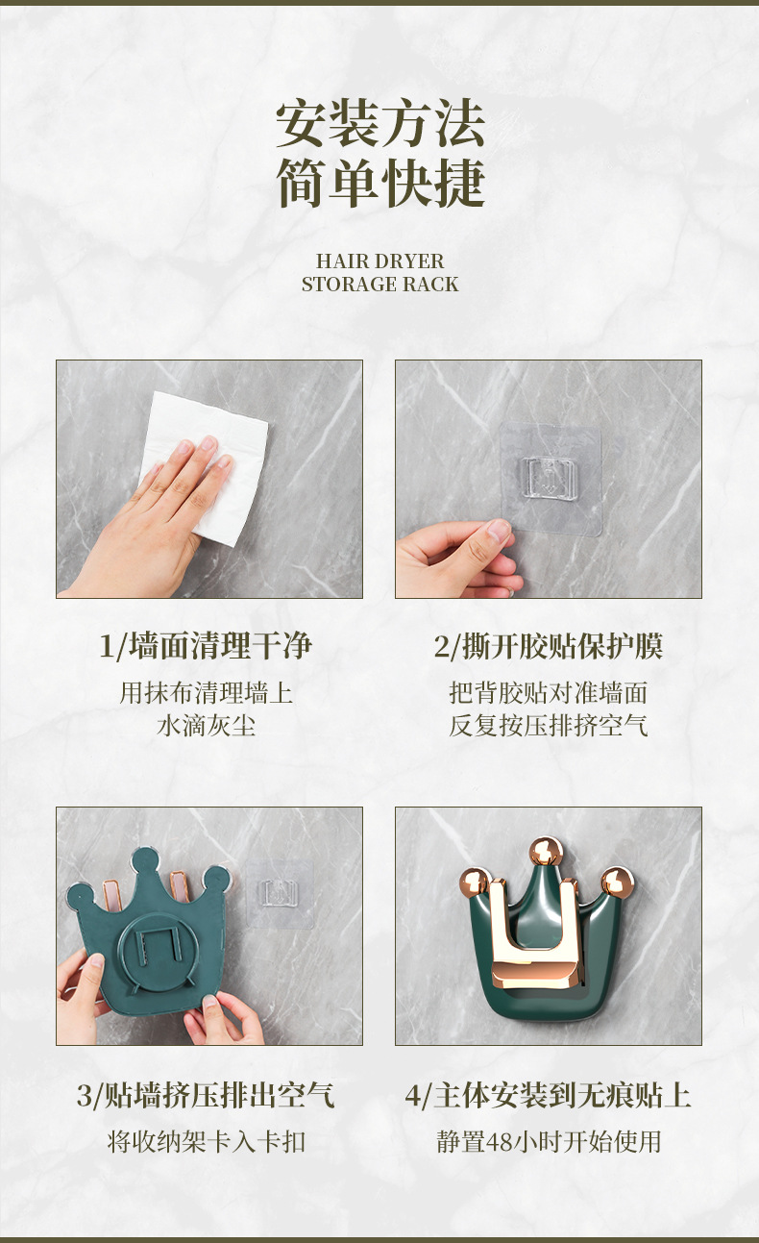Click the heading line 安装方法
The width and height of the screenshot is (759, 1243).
point(380,123)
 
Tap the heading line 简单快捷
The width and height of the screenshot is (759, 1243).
point(380,183)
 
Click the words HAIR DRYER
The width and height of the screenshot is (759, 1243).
point(379,261)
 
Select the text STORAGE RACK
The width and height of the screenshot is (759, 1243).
point(379,285)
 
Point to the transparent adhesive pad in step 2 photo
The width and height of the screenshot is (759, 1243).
point(551,479)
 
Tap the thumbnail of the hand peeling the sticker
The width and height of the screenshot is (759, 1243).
point(549,479)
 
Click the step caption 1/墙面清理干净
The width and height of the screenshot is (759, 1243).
point(206,646)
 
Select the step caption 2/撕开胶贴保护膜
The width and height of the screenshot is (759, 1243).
point(549,646)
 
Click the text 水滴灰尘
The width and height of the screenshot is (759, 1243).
point(206,725)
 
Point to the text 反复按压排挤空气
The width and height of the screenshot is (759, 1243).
point(549,725)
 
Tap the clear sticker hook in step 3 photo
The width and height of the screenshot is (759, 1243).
point(280,894)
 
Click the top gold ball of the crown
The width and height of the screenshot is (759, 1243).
point(546,852)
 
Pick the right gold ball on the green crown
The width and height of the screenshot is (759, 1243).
point(617,882)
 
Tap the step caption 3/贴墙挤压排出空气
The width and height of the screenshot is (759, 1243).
point(206,1096)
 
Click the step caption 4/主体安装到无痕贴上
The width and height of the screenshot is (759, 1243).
point(549,1096)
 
